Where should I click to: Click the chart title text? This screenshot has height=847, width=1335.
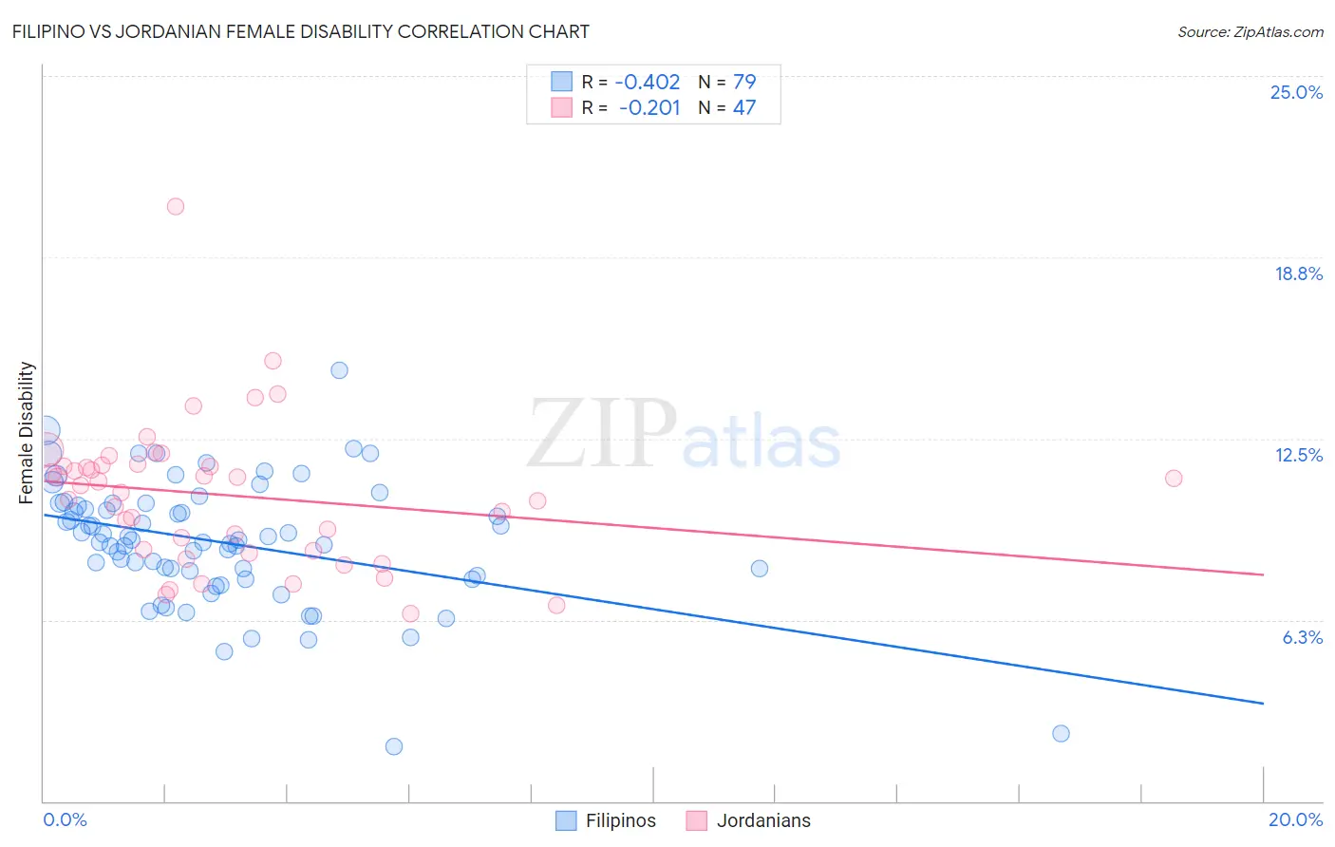pos(300,31)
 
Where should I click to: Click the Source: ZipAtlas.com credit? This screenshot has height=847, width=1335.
pos(1250,31)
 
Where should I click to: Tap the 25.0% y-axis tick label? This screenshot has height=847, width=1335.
pos(1296,92)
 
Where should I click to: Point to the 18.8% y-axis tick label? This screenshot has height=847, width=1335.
pos(1298,273)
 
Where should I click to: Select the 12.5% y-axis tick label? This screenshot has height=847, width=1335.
pos(1298,455)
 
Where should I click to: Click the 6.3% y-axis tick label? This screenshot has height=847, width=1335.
pos(1302,637)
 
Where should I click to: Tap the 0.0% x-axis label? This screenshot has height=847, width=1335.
pos(66,819)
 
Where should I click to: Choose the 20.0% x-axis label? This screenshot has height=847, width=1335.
pos(1295,819)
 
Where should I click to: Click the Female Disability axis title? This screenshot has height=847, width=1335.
pos(27,433)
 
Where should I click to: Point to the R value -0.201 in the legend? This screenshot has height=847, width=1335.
pos(649,107)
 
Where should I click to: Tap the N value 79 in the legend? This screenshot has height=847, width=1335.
pos(743,82)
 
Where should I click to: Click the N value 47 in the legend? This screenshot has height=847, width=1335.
pos(743,107)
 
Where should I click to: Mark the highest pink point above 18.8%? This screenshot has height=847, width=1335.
pos(175,206)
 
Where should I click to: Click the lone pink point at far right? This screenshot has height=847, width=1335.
pos(1174,478)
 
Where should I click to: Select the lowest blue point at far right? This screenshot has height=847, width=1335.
pos(1061,733)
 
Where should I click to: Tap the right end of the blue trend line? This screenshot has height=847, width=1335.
pos(1263,703)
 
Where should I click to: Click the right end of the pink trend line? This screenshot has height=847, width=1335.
pos(1263,574)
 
